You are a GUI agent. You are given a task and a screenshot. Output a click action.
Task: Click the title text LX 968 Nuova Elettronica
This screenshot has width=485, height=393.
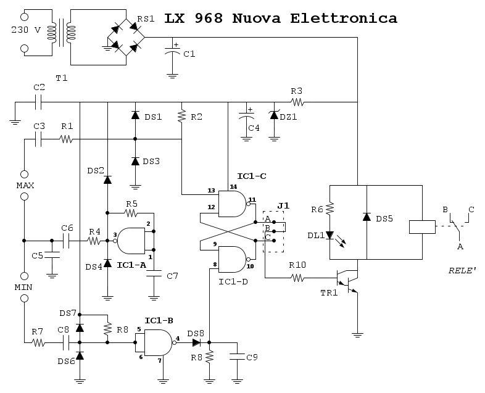coord(281,19)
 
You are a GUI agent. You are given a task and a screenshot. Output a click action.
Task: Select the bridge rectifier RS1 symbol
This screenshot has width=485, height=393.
coord(126,38)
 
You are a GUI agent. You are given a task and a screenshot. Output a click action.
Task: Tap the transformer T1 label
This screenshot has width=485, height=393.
coord(62,78)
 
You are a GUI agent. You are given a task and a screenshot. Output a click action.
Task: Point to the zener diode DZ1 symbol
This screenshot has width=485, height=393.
coord(275,115)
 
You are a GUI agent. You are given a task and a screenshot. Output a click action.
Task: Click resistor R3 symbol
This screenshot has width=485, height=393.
coord(298,102)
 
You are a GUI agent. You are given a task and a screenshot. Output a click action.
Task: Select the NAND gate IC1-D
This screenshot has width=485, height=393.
coord(232,259)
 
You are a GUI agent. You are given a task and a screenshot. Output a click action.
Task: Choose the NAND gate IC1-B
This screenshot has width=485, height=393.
coord(157,341)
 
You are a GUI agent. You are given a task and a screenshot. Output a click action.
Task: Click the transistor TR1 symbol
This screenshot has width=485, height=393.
coord(349,279)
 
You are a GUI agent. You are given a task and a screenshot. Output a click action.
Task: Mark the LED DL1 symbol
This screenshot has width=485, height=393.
coord(330,235)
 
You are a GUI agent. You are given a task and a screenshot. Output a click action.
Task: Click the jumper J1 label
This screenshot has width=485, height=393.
coord(283,205)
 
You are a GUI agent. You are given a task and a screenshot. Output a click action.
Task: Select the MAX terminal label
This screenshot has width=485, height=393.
coord(25,184)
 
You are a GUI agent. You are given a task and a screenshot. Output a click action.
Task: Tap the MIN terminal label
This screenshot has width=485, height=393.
coord(25,288)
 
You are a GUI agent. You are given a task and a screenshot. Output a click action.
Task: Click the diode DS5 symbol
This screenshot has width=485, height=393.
coord(366,217)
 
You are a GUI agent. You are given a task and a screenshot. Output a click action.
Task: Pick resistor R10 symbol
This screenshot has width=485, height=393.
coord(299,279)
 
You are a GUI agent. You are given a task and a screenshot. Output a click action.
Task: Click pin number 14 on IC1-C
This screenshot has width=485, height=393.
coord(233,186)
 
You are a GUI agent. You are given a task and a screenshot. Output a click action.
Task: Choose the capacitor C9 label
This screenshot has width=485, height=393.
coord(252,357)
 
